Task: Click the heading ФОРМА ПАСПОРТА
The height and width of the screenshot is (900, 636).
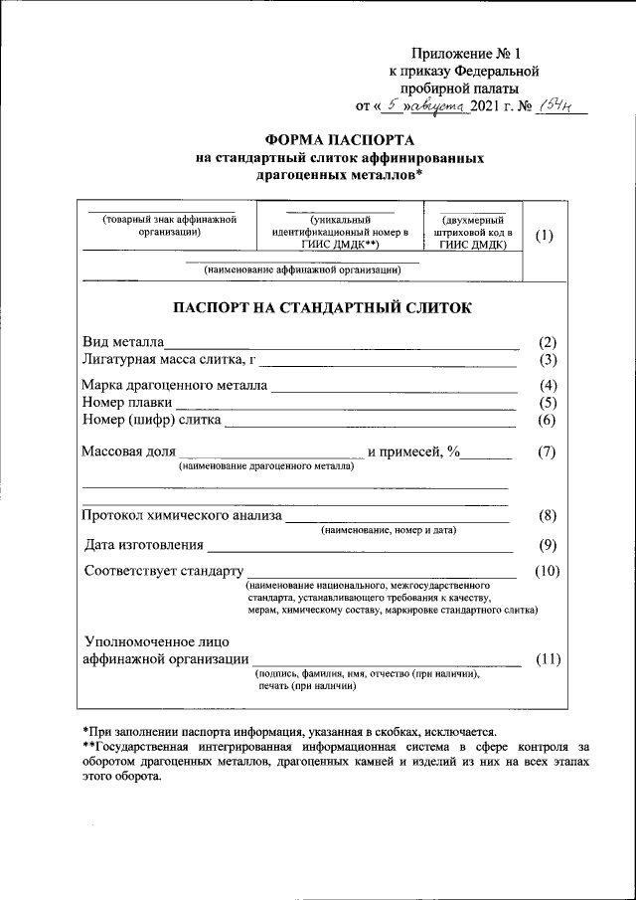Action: pyautogui.click(x=341, y=140)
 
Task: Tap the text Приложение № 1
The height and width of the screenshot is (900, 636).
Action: pyautogui.click(x=463, y=54)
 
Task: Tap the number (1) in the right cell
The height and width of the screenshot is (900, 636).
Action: pyautogui.click(x=545, y=236)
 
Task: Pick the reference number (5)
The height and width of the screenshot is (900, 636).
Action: pyautogui.click(x=547, y=403)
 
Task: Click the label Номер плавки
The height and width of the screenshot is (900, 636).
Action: pyautogui.click(x=127, y=403)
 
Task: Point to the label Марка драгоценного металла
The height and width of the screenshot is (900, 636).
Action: pyautogui.click(x=174, y=386)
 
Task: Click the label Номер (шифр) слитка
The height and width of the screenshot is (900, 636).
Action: pyautogui.click(x=152, y=421)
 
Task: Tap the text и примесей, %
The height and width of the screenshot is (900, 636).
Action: pyautogui.click(x=414, y=451)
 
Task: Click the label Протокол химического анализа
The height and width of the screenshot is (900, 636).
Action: pyautogui.click(x=182, y=515)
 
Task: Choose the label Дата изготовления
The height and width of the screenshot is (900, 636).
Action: pyautogui.click(x=144, y=544)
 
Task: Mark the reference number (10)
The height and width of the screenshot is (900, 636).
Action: pyautogui.click(x=547, y=571)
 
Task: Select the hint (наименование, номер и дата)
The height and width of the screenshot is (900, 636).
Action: pyautogui.click(x=389, y=531)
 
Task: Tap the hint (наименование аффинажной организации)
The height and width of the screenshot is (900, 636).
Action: pyautogui.click(x=302, y=270)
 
